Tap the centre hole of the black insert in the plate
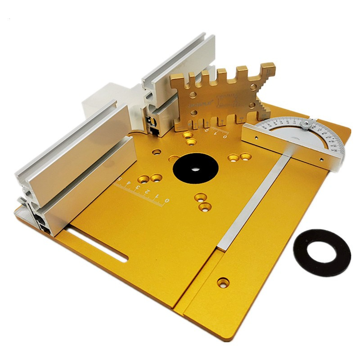(196, 170)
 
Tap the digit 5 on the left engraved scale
(121, 179)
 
